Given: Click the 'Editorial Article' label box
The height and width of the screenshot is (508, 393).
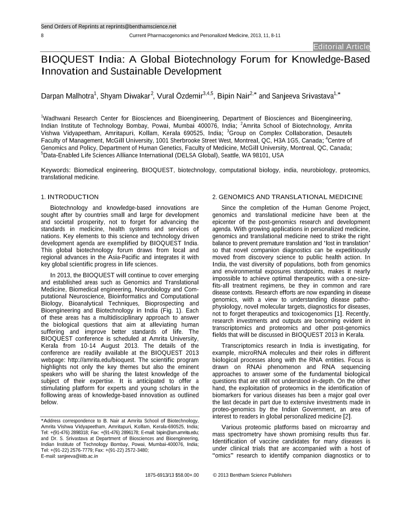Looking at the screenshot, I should pos(341,47).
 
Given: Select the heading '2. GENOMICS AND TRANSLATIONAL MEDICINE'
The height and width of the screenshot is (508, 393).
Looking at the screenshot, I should pos(287,197).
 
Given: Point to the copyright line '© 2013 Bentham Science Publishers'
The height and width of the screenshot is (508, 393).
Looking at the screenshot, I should pos(252,475).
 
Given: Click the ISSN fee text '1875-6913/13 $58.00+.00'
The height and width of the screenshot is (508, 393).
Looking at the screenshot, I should pos(172,475).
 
